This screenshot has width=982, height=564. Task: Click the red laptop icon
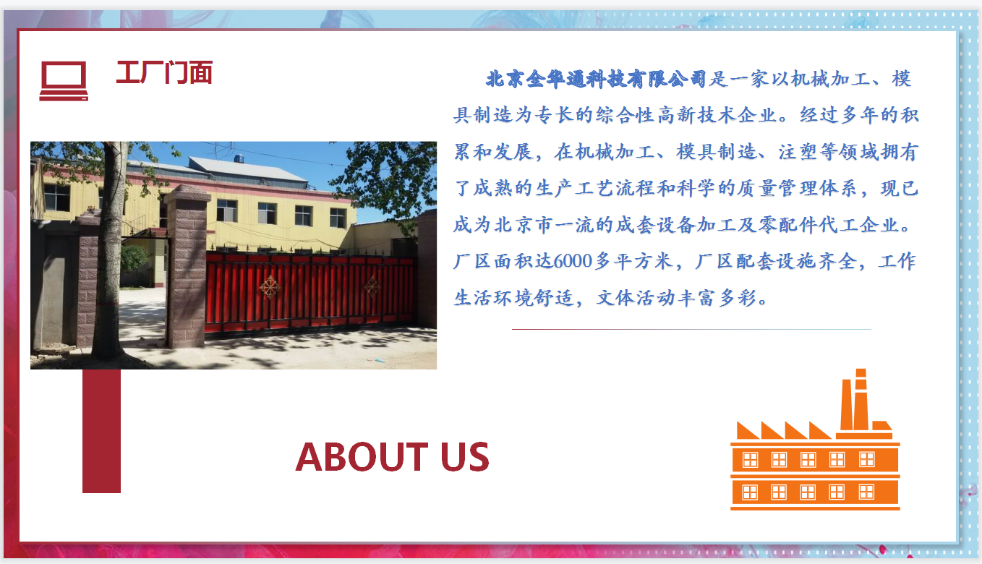click(64, 81)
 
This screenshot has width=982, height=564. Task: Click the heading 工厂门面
click(164, 72)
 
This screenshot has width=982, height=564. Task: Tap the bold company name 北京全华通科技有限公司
click(596, 80)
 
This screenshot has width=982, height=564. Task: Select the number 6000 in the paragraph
click(573, 261)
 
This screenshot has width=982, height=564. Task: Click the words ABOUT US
click(393, 457)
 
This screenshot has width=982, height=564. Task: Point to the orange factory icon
click(815, 440)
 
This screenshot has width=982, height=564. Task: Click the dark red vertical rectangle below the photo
click(101, 431)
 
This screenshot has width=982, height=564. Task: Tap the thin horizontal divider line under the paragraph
click(691, 329)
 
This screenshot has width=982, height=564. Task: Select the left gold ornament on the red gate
click(270, 287)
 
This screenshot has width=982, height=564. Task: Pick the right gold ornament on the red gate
click(372, 286)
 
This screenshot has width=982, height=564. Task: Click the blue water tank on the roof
click(239, 158)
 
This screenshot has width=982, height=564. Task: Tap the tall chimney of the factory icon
click(861, 399)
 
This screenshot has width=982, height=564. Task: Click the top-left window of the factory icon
click(750, 460)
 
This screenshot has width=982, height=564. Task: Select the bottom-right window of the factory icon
click(866, 492)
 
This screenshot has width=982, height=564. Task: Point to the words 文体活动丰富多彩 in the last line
click(676, 298)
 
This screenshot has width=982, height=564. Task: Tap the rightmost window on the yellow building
click(338, 218)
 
